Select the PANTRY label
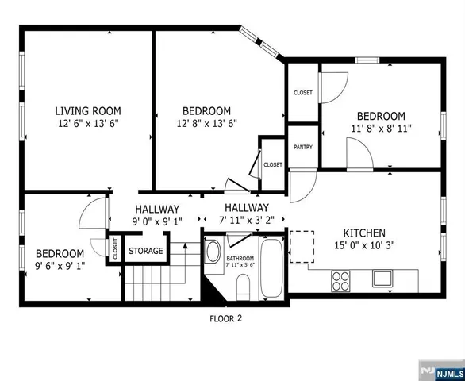pos(302,147)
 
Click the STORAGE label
pos(146,251)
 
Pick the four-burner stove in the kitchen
pos(341,280)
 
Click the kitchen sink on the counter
pos(382,279)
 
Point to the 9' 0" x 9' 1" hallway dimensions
pos(159,221)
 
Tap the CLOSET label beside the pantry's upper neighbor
pos(303,93)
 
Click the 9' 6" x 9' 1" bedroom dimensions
pos(60,265)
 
